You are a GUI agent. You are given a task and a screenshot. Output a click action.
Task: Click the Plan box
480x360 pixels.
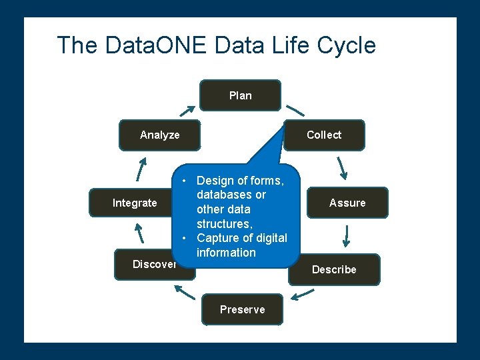pos(241,95)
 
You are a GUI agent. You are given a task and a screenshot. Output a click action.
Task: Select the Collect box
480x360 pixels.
pos(324,135)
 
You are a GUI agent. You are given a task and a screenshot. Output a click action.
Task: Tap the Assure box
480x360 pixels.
pos(347,203)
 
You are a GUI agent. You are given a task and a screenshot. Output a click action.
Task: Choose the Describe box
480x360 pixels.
pos(334,269)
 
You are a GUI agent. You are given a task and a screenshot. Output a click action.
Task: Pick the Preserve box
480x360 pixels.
pos(242,309)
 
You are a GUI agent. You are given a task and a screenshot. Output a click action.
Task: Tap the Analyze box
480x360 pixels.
pos(159,135)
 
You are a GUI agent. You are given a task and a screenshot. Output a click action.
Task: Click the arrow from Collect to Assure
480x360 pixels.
pos(341,168)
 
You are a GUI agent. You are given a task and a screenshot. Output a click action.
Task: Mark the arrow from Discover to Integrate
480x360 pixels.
pos(139,233)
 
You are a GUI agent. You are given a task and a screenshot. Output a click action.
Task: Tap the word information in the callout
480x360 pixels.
pos(226,253)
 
